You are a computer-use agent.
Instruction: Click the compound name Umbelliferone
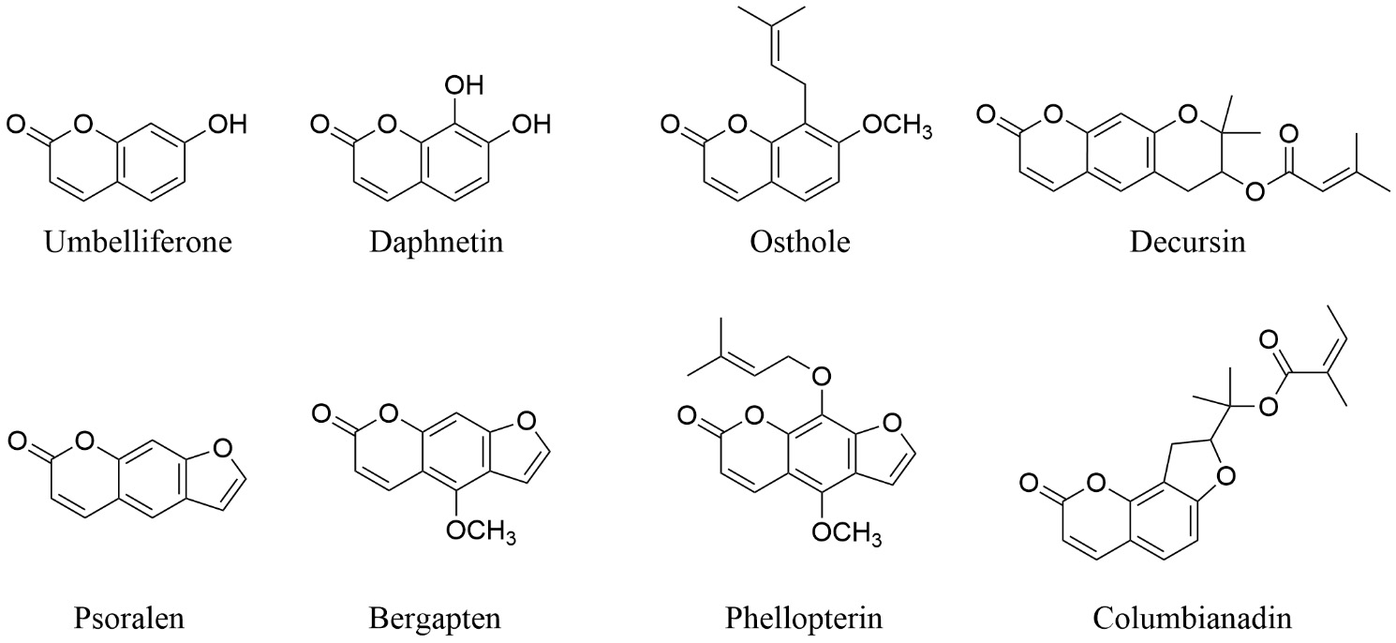click(138, 241)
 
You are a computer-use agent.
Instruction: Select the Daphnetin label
click(437, 241)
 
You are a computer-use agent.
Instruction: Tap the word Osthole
click(799, 241)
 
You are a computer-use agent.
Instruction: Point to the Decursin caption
click(1187, 241)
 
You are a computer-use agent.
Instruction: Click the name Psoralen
click(129, 619)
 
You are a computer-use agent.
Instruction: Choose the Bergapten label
click(435, 619)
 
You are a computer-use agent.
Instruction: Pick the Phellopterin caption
click(804, 619)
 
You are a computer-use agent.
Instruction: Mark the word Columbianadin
click(1192, 619)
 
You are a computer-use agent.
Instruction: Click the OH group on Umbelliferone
click(227, 124)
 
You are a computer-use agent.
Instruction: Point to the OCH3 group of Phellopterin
click(847, 532)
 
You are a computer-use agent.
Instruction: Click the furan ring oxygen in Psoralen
click(222, 448)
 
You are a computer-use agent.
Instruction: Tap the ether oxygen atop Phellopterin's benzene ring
click(823, 376)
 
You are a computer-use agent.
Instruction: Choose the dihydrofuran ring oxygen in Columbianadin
click(1225, 477)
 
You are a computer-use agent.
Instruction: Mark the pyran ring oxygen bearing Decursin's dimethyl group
click(1188, 114)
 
